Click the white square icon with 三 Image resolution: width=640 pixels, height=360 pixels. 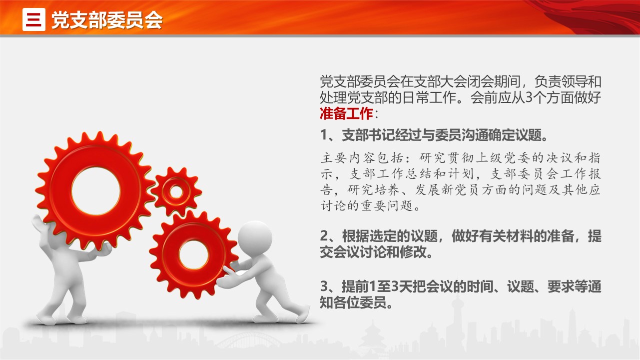pos(33,19)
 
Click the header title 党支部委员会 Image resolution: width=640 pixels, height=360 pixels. pos(107,20)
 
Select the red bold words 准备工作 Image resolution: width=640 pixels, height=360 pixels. pos(346,113)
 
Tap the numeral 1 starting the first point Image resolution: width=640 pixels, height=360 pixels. pos(324,134)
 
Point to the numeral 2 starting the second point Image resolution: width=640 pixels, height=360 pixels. pos(324,236)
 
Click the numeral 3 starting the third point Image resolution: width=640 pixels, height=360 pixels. pos(324,286)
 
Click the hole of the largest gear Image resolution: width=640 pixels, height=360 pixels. pos(96,191)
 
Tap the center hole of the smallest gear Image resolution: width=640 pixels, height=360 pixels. pos(176,191)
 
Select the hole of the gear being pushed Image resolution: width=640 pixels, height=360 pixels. pos(194,255)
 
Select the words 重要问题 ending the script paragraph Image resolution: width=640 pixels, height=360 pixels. pos(387,205)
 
